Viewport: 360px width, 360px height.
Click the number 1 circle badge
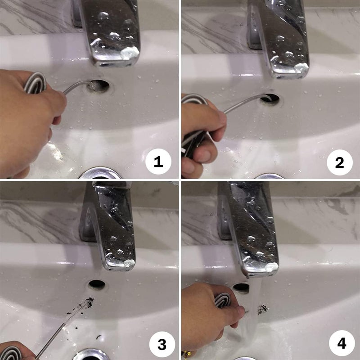[x=158, y=162]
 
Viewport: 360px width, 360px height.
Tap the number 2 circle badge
[x=340, y=162]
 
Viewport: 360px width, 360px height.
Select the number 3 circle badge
[x=162, y=344]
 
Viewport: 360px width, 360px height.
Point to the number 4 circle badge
[x=342, y=343]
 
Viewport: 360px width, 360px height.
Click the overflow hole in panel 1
[x=99, y=86]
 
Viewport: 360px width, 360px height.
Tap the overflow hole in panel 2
[x=270, y=99]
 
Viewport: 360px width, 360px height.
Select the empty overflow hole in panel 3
[x=97, y=284]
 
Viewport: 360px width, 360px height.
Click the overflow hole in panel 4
[x=241, y=288]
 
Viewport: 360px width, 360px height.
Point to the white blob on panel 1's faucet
[x=130, y=53]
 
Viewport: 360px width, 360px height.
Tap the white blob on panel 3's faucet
[x=129, y=263]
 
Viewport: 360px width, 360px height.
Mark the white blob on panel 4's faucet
[x=271, y=267]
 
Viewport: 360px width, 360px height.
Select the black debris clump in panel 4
[x=263, y=310]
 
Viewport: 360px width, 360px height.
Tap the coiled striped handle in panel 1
[x=35, y=83]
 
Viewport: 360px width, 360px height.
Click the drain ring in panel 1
[x=100, y=173]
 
